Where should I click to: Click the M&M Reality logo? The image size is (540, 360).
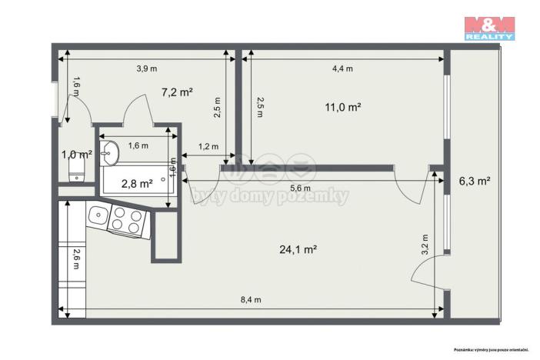pos(489,27)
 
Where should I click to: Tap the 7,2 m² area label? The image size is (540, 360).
pos(176,92)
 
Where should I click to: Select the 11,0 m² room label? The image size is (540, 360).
pos(343,108)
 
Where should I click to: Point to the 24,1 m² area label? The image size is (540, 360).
pos(299,248)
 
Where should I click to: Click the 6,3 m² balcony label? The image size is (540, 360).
pos(475,182)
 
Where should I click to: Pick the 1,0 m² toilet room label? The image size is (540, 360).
pos(76,154)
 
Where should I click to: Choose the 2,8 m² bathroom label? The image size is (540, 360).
pos(137,183)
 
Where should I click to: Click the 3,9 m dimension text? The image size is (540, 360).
pos(146,68)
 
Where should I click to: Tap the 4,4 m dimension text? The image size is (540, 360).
pos(342,68)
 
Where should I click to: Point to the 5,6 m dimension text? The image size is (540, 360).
pos(300,188)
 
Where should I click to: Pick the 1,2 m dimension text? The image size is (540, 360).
pos(208,146)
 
